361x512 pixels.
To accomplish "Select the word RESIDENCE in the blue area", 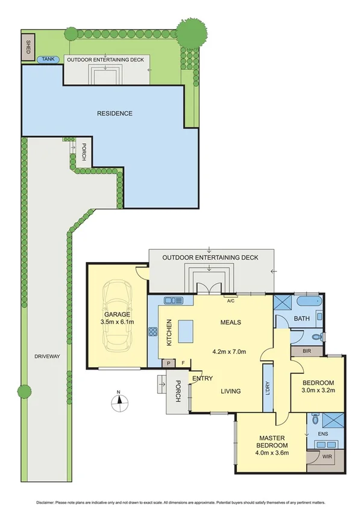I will pos(115,113).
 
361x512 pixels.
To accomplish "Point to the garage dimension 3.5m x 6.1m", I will pos(118,322).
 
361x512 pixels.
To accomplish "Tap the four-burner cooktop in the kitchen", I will pos(153,331).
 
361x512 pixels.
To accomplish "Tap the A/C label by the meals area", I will pos(230,298).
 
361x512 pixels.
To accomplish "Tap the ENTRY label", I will pos(201,379).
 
